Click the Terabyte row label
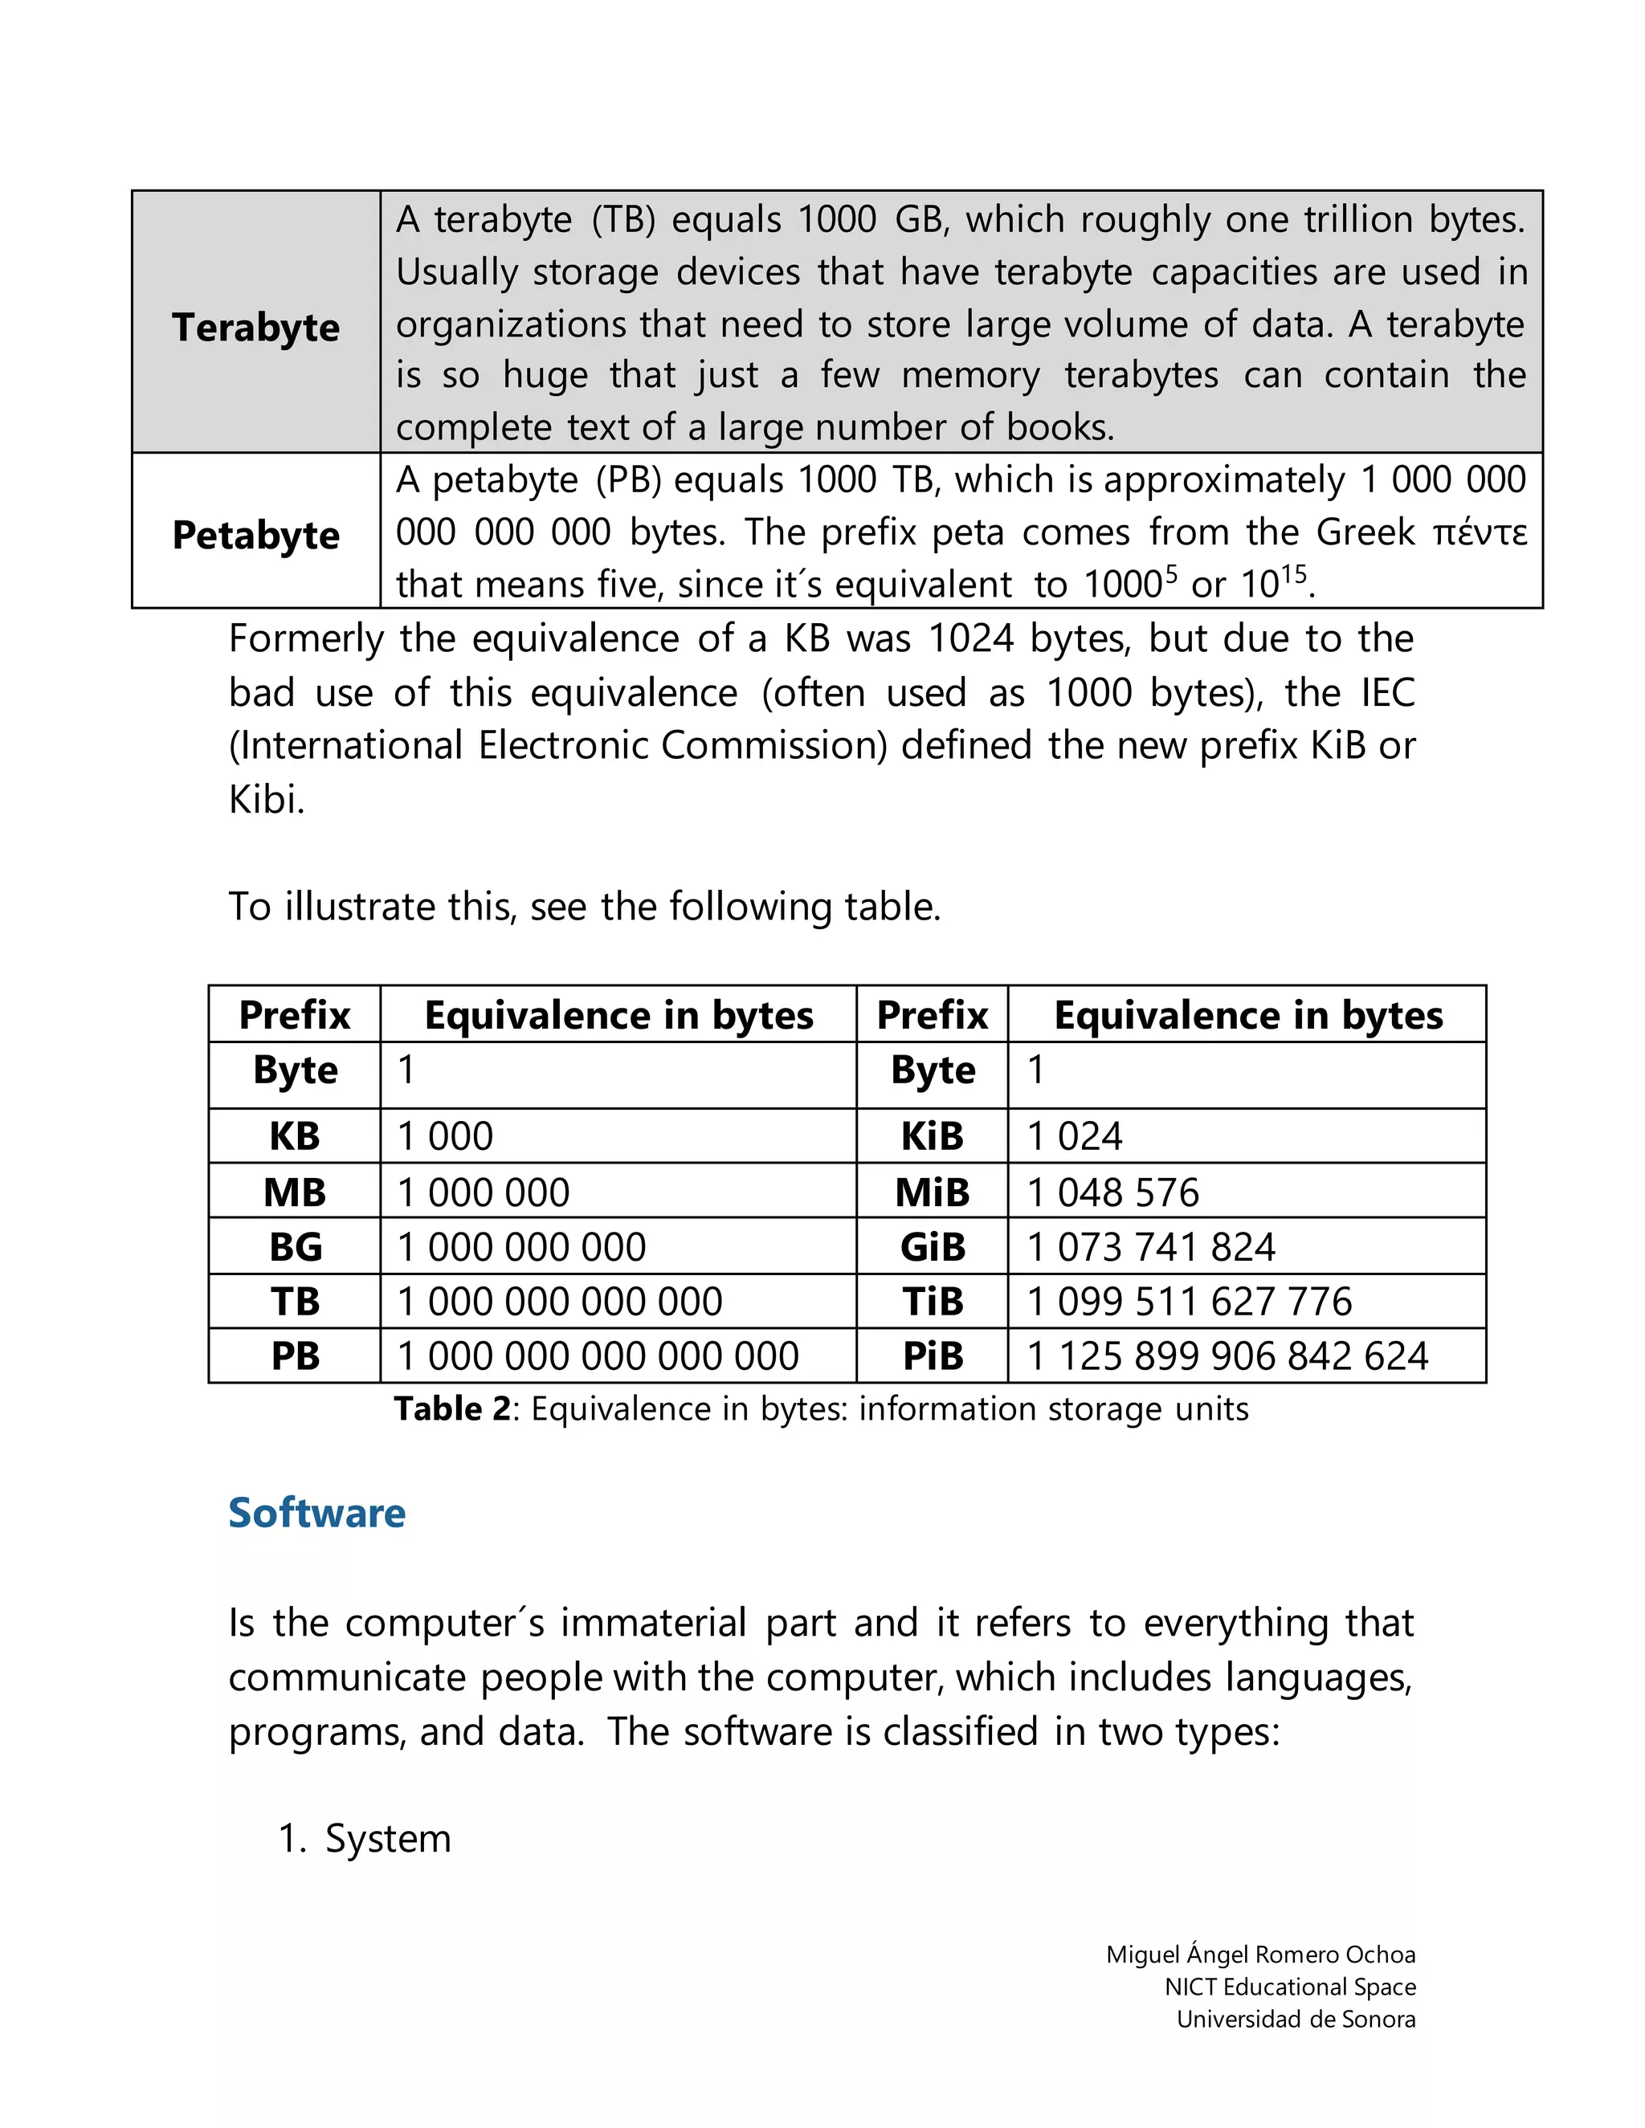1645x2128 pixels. pyautogui.click(x=255, y=328)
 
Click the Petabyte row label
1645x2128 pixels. pyautogui.click(x=255, y=535)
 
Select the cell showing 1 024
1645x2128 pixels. pyautogui.click(x=1075, y=1136)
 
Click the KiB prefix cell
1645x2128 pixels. pyautogui.click(x=932, y=1136)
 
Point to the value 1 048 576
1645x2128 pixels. pyautogui.click(x=1113, y=1192)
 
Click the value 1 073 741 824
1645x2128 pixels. pyautogui.click(x=1151, y=1247)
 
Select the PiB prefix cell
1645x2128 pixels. pyautogui.click(x=932, y=1356)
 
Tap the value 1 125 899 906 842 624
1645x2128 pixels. pyautogui.click(x=1228, y=1356)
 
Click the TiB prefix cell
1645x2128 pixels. pyautogui.click(x=932, y=1302)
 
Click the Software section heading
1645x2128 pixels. pyautogui.click(x=316, y=1512)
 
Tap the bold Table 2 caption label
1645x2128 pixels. pyautogui.click(x=451, y=1409)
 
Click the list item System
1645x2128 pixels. pyautogui.click(x=387, y=1839)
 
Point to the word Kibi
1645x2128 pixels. pyautogui.click(x=265, y=800)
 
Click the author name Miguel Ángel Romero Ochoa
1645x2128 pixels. pyautogui.click(x=1260, y=1955)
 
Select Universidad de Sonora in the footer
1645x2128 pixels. pyautogui.click(x=1295, y=2019)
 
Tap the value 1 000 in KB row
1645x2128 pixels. pyautogui.click(x=445, y=1136)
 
